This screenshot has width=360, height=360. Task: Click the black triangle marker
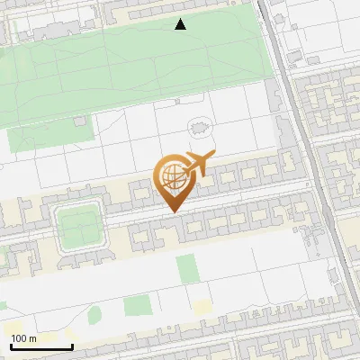tap(181, 24)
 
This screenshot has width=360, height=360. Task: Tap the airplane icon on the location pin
tap(199, 164)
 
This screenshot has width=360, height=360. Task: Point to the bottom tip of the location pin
tap(173, 212)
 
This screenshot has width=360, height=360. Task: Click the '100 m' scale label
tap(23, 338)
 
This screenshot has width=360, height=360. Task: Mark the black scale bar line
tap(41, 346)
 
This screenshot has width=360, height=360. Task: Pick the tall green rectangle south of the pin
tap(186, 267)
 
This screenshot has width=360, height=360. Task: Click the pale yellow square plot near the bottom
tap(202, 307)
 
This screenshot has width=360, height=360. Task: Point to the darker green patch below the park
tap(49, 132)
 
